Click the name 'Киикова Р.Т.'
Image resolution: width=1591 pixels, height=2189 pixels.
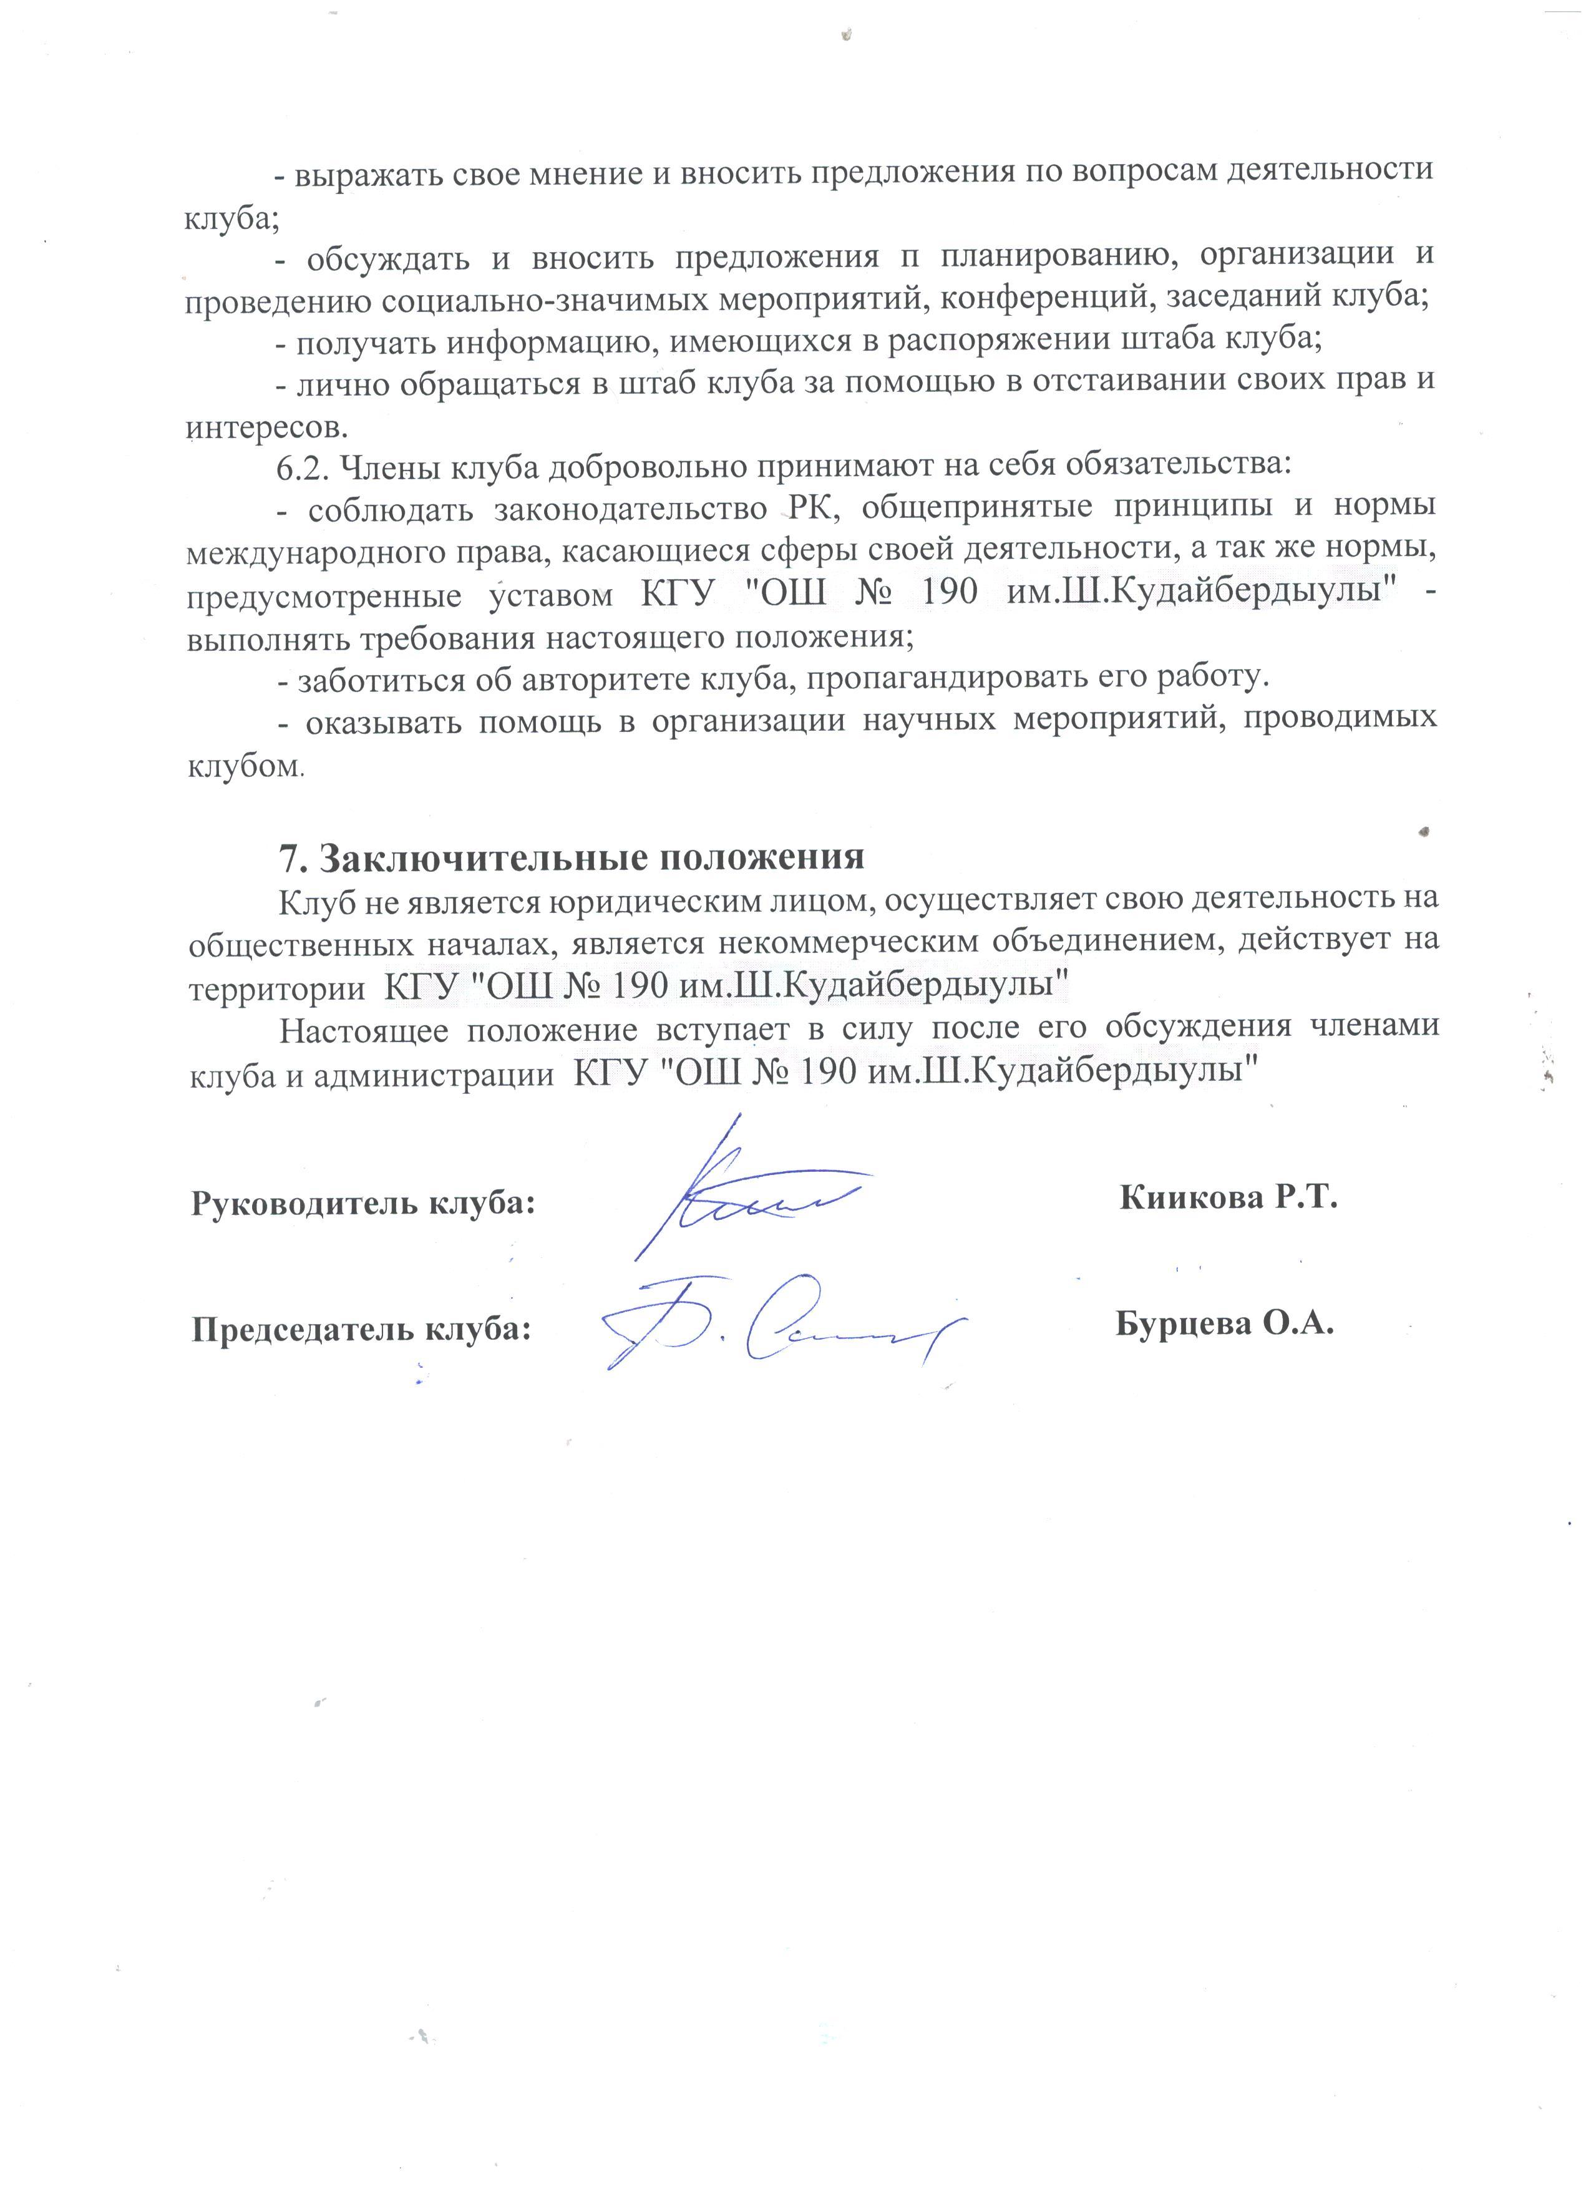pyautogui.click(x=1229, y=1198)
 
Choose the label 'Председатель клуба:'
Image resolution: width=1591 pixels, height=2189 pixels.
pyautogui.click(x=362, y=1330)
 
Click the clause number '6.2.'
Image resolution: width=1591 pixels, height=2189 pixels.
pyautogui.click(x=305, y=466)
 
